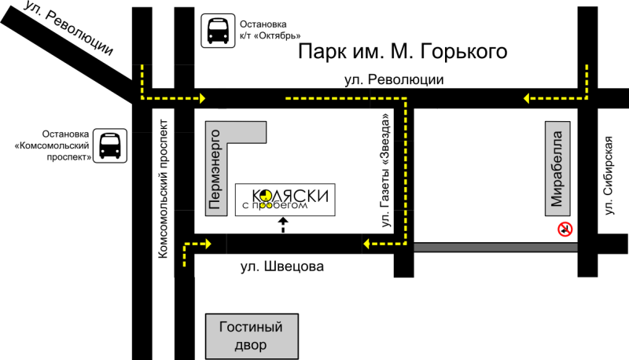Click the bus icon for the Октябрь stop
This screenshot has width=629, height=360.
tap(218, 31)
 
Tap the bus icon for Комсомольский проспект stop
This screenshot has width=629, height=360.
tap(110, 146)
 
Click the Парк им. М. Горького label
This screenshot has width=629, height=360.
tap(403, 52)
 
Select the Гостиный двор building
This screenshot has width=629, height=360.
tap(252, 336)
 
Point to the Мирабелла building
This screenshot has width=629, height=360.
tap(557, 168)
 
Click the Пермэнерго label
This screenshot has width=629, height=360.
tap(215, 170)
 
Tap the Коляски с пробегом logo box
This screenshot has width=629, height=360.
tap(285, 200)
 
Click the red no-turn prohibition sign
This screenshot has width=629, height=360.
tap(565, 230)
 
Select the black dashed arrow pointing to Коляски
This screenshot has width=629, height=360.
tap(283, 225)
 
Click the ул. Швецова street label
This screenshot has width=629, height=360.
tap(282, 266)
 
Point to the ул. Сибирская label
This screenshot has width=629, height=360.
tap(609, 175)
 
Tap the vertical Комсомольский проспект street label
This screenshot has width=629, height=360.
tap(163, 189)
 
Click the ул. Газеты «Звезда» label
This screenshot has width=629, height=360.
tap(385, 171)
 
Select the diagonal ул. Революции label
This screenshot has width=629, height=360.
tap(68, 28)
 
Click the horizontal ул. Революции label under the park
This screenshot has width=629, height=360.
tap(394, 79)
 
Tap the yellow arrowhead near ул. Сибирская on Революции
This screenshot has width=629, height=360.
tap(527, 98)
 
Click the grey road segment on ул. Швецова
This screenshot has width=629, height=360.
tap(495, 247)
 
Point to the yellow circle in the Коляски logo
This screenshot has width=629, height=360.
tap(265, 196)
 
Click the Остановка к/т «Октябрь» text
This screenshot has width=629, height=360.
tap(270, 30)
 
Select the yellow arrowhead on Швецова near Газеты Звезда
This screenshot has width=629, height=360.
tap(366, 244)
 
